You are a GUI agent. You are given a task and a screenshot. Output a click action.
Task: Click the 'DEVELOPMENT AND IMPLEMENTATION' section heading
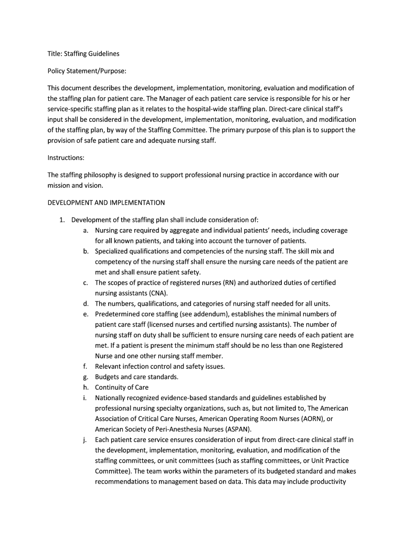(x=106, y=202)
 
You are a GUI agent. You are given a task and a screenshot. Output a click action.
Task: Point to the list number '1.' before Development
(x=62, y=220)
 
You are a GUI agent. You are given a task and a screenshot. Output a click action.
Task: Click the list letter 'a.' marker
(x=85, y=230)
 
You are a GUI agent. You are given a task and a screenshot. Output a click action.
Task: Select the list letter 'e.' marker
(x=85, y=314)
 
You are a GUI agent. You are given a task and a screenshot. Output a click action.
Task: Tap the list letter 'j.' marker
(x=85, y=440)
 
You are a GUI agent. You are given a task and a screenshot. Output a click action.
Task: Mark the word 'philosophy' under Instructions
(x=102, y=175)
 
